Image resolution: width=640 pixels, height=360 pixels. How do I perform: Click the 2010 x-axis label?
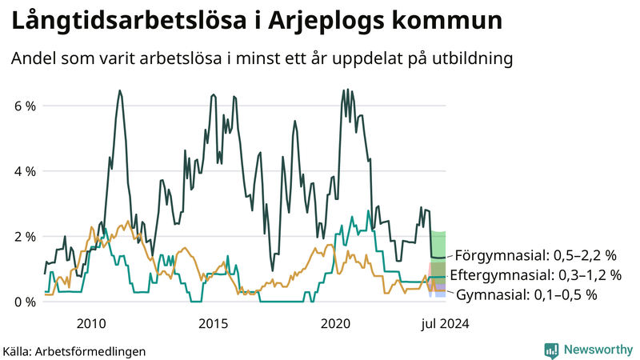click(90, 323)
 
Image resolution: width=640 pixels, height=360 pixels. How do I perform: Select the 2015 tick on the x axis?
click(213, 323)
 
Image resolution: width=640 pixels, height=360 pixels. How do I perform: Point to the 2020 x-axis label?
click(335, 323)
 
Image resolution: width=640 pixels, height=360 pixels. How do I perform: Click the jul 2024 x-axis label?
click(442, 323)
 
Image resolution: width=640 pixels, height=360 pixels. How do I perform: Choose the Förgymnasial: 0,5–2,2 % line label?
click(536, 256)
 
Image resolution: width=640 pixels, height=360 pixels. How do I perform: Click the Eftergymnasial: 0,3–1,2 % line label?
click(536, 275)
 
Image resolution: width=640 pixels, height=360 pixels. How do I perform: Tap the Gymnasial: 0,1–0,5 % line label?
click(527, 294)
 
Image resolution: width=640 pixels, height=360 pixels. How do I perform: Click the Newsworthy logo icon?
click(551, 350)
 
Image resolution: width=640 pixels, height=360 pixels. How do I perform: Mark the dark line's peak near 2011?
click(120, 91)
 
